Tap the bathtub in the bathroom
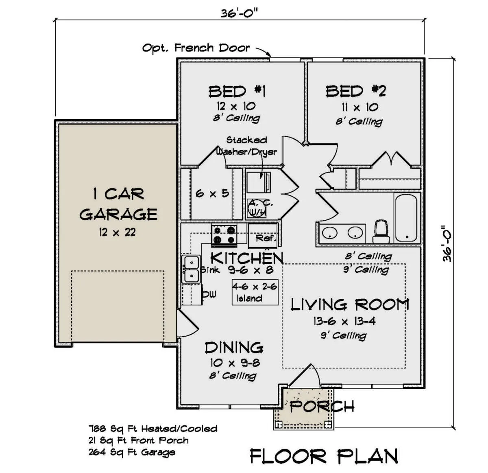click(406, 218)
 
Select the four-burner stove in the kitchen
click(224, 234)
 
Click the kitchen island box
click(255, 292)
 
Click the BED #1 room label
click(237, 91)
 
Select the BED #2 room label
click(355, 91)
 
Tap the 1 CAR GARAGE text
click(118, 204)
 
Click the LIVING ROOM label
click(350, 305)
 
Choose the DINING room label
click(234, 348)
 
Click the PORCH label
click(322, 407)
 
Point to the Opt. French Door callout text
click(196, 48)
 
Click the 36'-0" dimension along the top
click(239, 13)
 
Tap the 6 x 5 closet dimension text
click(212, 193)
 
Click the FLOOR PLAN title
click(324, 456)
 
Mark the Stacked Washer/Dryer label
click(247, 146)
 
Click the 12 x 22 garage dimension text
click(118, 232)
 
